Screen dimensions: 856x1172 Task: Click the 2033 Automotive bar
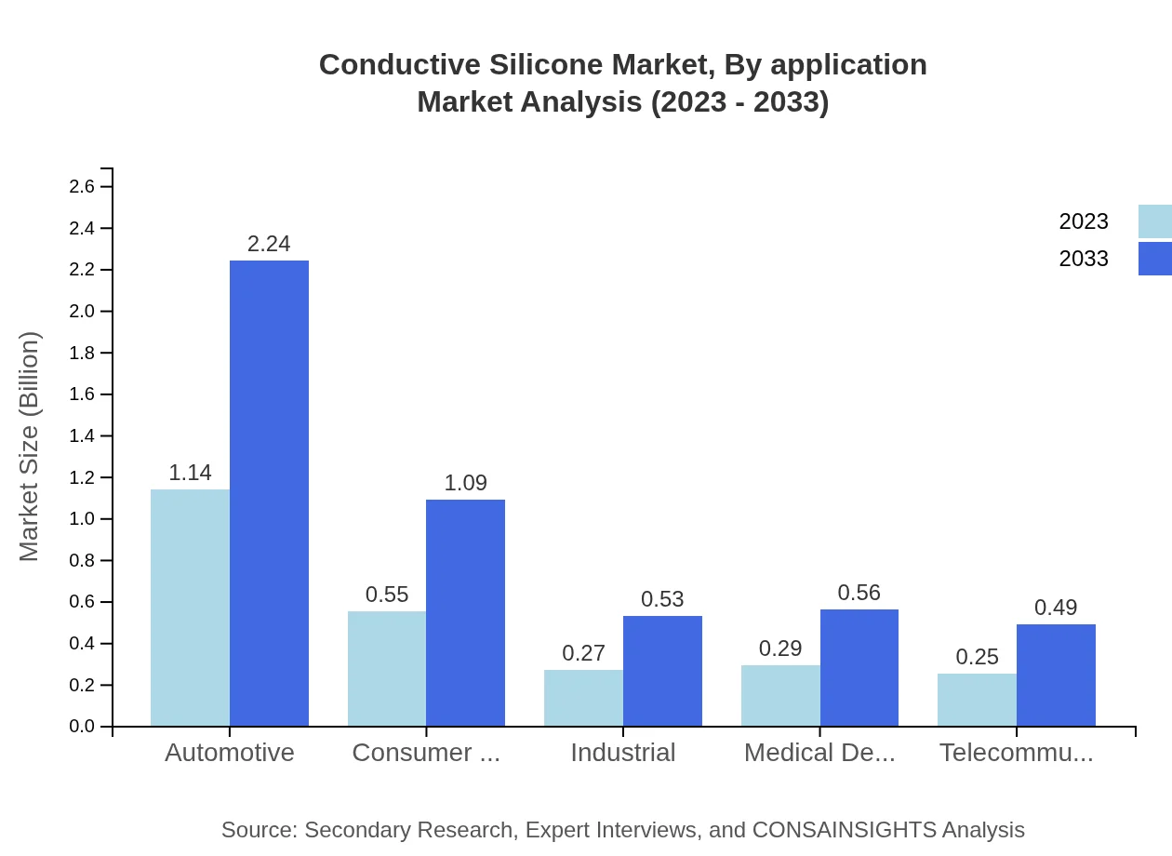269,493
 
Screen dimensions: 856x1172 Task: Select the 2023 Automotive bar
190,608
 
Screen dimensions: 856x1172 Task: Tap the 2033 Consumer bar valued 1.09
465,612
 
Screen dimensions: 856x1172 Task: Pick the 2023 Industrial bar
583,698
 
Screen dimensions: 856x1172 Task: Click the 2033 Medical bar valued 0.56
859,667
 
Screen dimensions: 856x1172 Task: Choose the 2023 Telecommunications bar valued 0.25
977,700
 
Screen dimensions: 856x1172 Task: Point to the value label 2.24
269,244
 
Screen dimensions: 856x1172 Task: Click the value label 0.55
387,595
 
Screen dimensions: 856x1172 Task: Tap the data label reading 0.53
662,599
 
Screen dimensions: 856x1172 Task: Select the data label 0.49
1056,608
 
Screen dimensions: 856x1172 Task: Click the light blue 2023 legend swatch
1155,221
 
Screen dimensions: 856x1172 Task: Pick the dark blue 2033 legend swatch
1155,259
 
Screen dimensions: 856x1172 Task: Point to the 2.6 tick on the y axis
83,187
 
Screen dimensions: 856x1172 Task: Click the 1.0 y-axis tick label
83,519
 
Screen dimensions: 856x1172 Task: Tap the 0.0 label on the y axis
83,727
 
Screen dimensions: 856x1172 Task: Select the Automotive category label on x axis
230,753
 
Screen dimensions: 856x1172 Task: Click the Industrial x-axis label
623,753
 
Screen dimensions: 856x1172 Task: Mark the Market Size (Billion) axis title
30,447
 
